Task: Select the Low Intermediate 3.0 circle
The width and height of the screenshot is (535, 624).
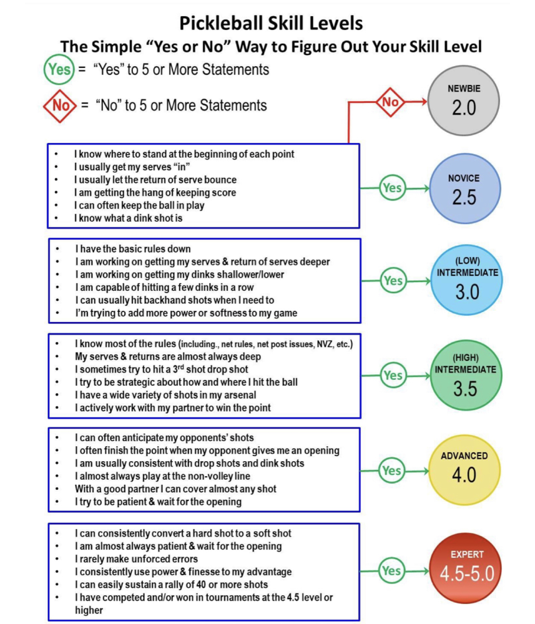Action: pyautogui.click(x=467, y=282)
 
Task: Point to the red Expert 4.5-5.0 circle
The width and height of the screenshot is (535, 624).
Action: pyautogui.click(x=464, y=566)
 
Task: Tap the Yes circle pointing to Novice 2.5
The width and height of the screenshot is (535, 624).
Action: pyautogui.click(x=392, y=188)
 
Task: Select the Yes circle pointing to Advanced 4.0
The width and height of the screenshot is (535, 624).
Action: pyautogui.click(x=391, y=470)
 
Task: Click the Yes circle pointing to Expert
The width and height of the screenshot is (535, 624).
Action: pyautogui.click(x=391, y=570)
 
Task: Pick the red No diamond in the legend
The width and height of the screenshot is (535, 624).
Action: pyautogui.click(x=61, y=105)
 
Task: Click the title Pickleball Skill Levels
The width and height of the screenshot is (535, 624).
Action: pyautogui.click(x=270, y=23)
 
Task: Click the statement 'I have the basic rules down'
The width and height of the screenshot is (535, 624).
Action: pyautogui.click(x=133, y=248)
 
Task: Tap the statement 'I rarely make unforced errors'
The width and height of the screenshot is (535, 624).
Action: pyautogui.click(x=135, y=558)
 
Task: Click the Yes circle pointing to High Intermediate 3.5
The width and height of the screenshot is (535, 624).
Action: pyautogui.click(x=393, y=375)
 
